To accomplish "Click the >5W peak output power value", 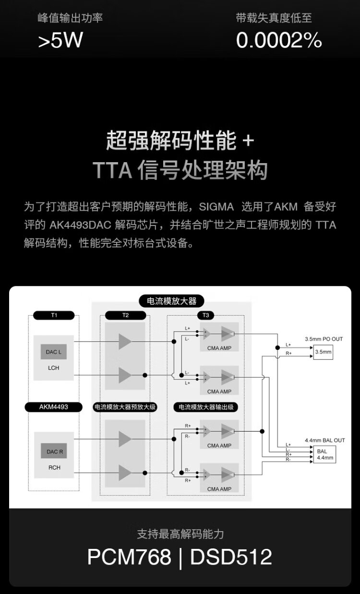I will click(x=60, y=41).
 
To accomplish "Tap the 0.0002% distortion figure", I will click(x=278, y=41).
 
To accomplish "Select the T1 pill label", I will click(x=54, y=315).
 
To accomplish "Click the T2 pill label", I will click(x=125, y=315).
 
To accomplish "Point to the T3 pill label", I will click(x=206, y=315).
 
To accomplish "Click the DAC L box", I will click(x=53, y=352).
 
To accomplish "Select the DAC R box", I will click(x=53, y=451).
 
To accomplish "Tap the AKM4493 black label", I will click(x=54, y=407).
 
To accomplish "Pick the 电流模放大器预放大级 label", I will click(x=125, y=407).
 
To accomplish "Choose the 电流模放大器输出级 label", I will click(x=206, y=407).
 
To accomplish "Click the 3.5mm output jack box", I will click(x=323, y=352).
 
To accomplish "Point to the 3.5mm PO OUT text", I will click(x=324, y=339).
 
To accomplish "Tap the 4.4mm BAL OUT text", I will click(x=324, y=440).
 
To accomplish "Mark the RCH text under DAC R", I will click(x=54, y=468).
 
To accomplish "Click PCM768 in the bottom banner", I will click(x=129, y=557).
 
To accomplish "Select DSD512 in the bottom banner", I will click(x=231, y=557).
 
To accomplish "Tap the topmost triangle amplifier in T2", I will click(x=125, y=342).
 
